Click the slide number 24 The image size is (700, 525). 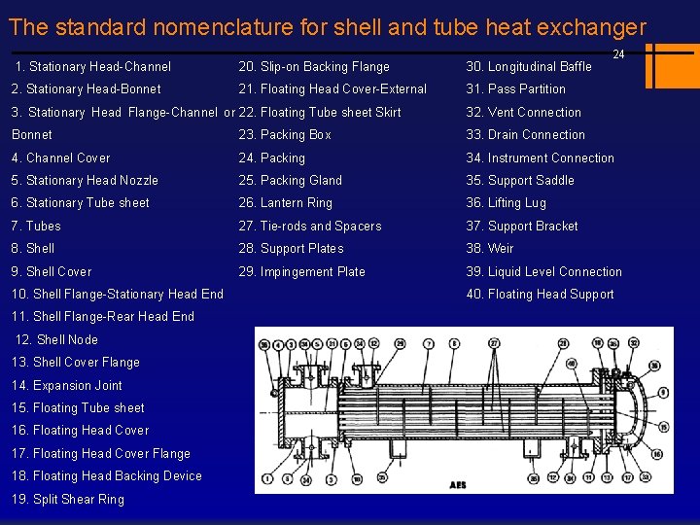tap(618, 54)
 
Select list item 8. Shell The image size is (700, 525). tap(33, 249)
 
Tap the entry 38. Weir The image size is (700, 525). tap(490, 249)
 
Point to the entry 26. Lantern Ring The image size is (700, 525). tap(285, 203)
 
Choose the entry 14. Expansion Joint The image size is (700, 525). tap(66, 385)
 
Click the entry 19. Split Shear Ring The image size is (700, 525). tap(67, 499)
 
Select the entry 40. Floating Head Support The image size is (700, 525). tap(540, 295)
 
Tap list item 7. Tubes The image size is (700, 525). tap(36, 227)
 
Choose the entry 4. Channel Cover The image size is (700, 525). tap(60, 158)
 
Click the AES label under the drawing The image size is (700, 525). tap(457, 484)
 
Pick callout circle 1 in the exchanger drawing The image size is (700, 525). tap(265, 477)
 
